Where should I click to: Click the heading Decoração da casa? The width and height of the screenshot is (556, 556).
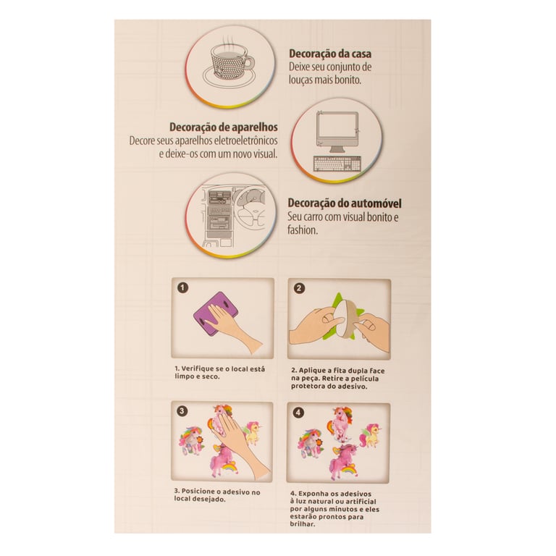coord(330,54)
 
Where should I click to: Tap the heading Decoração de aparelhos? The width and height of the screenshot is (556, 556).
coord(224,127)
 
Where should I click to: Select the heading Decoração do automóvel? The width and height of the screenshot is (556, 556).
coord(345,203)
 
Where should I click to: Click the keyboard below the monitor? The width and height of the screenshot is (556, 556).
coord(337,164)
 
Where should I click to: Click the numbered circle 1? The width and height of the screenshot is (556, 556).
coord(182,287)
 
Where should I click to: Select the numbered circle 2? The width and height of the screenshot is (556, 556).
coord(299,288)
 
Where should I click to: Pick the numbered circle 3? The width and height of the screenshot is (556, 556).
coord(182,411)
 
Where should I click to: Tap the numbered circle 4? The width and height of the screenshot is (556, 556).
coord(298,413)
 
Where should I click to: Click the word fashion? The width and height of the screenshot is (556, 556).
coord(302,229)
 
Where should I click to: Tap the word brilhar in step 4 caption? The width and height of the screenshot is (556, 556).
coord(302,524)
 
